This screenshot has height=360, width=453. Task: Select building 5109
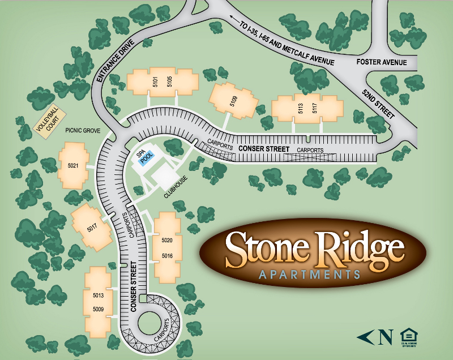pos(233,102)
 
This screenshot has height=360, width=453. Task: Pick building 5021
pos(73,165)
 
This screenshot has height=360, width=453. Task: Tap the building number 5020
pos(166,241)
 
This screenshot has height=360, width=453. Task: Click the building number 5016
pos(166,255)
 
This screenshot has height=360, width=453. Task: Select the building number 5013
pos(99,295)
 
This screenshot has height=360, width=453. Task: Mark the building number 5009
pos(99,309)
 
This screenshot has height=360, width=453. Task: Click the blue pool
pos(147,160)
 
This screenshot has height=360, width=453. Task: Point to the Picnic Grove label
pos(83,130)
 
